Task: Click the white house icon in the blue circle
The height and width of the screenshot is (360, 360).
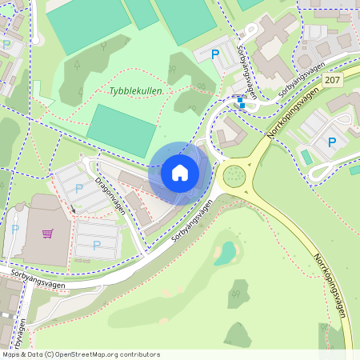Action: coord(180,172)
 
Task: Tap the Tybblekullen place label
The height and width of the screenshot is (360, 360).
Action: coord(136,91)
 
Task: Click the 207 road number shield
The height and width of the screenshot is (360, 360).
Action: coord(333,81)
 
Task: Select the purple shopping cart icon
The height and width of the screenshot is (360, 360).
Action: coord(48,234)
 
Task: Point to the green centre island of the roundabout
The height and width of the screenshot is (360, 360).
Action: coord(234,174)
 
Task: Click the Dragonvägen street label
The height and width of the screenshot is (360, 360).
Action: coord(110,195)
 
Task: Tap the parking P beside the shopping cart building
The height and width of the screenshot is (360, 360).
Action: coord(15,229)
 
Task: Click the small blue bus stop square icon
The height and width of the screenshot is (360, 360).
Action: coord(241,102)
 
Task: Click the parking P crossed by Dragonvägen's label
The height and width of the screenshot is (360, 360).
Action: coord(79,188)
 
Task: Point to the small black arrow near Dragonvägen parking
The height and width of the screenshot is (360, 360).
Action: coord(73,210)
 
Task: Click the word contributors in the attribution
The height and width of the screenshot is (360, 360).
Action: coord(138,354)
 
